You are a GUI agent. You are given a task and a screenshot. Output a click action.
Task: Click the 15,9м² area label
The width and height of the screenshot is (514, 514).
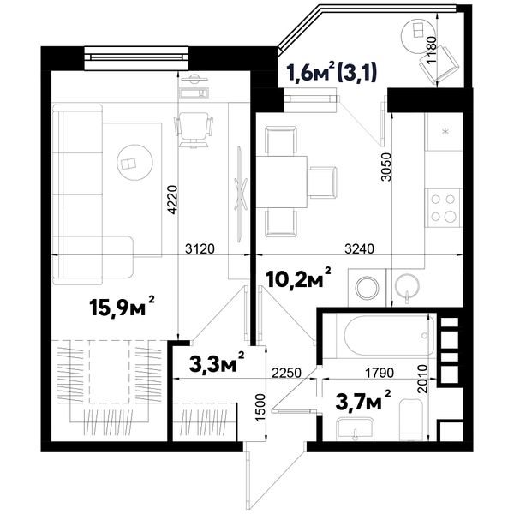pos(122,308)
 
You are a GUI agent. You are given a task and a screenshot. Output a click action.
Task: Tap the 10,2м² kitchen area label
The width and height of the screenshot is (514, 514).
pos(299,278)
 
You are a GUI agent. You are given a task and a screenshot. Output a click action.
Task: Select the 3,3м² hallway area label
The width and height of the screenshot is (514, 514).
pos(217,362)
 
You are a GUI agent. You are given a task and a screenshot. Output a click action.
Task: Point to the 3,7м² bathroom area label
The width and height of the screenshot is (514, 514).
pos(363,401)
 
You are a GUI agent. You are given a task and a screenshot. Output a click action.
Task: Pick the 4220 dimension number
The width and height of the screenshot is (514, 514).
pos(172,200)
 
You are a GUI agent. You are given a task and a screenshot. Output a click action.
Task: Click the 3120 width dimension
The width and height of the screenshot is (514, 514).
pos(200,248)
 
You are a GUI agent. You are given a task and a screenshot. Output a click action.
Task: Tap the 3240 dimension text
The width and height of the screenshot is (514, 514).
pos(359,248)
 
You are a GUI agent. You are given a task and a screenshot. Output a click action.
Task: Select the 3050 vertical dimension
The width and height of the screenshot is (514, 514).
pos(387,166)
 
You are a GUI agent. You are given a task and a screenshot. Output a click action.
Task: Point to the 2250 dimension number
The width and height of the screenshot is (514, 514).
pos(286,373)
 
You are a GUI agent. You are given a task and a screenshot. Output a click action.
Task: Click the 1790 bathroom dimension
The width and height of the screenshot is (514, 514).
pos(380,373)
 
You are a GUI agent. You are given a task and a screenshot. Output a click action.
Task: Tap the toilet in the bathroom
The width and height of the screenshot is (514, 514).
pos(412,420)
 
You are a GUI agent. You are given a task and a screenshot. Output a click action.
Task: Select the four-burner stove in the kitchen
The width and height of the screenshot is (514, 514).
pos(444,208)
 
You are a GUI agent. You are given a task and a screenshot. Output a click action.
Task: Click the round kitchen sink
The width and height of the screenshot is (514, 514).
pos(407,286)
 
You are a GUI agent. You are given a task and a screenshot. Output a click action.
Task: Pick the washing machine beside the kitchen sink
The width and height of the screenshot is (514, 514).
pos(368,288)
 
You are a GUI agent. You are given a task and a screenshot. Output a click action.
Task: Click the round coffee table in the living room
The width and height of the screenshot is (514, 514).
pos(134,162)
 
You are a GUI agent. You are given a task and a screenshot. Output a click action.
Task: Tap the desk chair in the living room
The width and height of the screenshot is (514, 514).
pos(194,130)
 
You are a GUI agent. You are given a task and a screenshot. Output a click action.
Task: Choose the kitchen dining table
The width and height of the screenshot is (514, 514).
pos(282,182)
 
